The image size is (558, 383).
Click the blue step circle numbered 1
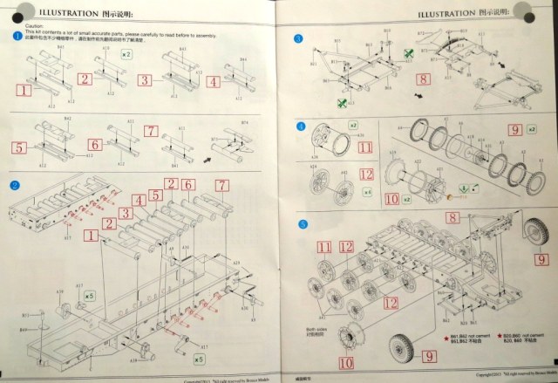[17, 36]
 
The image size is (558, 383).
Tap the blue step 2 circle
[15, 186]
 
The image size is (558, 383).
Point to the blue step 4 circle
[302, 127]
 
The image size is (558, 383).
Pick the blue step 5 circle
[302, 224]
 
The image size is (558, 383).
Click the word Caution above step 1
[23, 26]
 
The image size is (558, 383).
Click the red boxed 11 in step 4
[365, 147]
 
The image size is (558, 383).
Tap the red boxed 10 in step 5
[347, 360]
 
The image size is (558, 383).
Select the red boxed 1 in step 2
[90, 236]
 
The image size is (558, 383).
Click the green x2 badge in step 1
[126, 55]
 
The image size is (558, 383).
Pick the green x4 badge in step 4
[367, 190]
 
